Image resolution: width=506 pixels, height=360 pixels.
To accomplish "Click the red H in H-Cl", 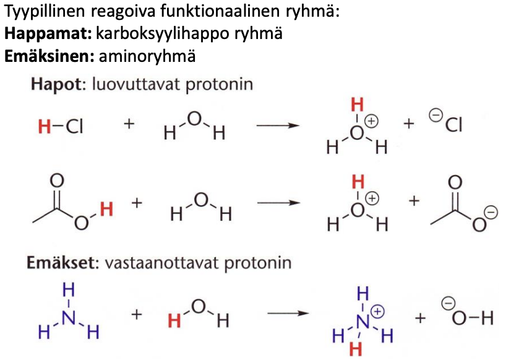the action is click(43, 127).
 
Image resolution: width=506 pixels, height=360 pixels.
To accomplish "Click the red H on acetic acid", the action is click(106, 210).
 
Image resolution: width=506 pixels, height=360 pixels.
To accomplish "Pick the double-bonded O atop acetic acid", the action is click(58, 180).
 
